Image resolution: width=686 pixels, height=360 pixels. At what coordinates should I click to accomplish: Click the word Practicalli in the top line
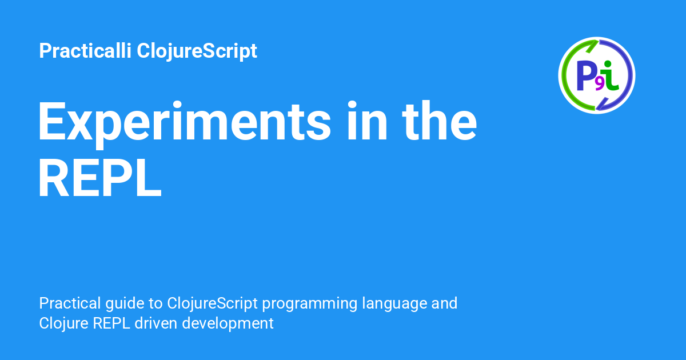click(x=85, y=50)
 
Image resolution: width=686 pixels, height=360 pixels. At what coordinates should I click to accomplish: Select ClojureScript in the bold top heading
click(x=197, y=51)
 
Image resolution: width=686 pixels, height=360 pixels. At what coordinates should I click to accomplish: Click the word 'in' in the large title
click(x=368, y=121)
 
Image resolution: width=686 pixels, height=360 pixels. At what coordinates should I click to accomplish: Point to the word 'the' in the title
click(x=440, y=121)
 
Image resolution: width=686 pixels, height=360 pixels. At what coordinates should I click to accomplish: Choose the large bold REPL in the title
click(x=100, y=178)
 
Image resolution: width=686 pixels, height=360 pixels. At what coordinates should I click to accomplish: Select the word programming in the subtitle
click(x=310, y=304)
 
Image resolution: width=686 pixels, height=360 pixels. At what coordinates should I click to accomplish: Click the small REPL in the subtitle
click(x=111, y=323)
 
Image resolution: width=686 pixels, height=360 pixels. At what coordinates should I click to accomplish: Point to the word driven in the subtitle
click(x=156, y=323)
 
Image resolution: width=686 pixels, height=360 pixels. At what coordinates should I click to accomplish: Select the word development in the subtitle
click(x=228, y=324)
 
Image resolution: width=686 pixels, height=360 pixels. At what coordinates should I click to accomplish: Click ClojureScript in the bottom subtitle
click(x=212, y=304)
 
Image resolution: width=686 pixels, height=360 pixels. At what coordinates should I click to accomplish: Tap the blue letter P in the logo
click(x=585, y=75)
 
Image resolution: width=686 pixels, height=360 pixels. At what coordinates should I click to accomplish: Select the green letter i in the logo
click(x=611, y=75)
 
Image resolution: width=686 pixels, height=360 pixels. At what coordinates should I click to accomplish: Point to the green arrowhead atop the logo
click(x=592, y=46)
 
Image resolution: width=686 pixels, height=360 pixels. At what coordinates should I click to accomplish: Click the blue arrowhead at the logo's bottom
click(x=602, y=104)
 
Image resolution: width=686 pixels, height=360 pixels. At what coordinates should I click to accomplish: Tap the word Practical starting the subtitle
click(x=70, y=303)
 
